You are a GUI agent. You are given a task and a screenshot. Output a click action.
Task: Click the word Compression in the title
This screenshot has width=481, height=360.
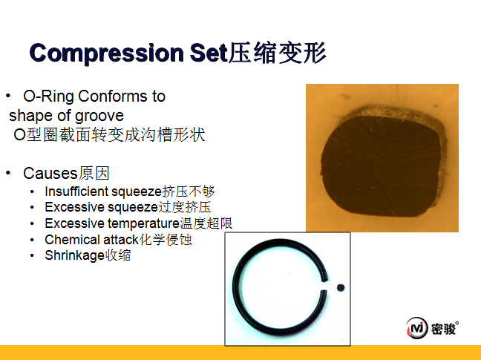[x=106, y=53]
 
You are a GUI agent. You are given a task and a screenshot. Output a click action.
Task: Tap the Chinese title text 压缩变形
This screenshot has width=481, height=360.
[x=277, y=53]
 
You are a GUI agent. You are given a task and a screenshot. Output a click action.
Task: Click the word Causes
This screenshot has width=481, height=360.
[x=50, y=173]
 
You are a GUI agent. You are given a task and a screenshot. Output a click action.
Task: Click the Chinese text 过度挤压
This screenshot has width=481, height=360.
[x=184, y=207]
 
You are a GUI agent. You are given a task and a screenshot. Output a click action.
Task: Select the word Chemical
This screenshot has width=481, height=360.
[x=73, y=240]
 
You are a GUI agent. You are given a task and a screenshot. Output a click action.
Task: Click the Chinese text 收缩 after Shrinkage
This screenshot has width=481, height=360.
[x=118, y=255]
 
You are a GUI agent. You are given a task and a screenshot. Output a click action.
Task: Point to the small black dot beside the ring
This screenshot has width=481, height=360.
[x=341, y=288]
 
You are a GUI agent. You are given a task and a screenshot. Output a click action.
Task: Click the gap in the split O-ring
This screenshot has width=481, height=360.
[x=324, y=285]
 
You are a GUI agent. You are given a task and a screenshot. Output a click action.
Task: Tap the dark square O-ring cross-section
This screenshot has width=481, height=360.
[x=383, y=162]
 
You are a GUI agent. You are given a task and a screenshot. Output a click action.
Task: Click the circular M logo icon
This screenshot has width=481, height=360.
[x=416, y=328]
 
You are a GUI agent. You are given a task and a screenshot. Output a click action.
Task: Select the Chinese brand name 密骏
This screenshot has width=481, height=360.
[x=443, y=330]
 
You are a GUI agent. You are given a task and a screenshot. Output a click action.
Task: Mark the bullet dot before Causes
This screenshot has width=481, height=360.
[x=8, y=173]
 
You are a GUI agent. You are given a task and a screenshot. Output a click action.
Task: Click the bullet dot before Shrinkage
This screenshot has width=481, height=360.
[x=32, y=255]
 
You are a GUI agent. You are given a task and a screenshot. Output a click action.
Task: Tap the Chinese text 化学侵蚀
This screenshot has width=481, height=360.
[x=166, y=240]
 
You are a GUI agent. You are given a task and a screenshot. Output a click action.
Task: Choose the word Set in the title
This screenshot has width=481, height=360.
[x=209, y=53]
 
